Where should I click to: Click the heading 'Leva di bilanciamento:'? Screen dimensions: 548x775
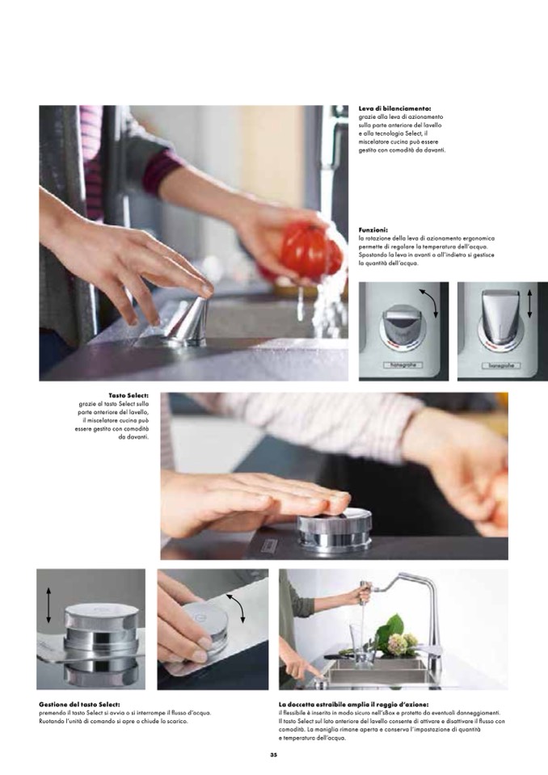pos(394,108)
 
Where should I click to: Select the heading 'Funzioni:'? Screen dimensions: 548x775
pos(373,230)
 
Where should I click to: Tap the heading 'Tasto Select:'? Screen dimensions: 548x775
pos(129,395)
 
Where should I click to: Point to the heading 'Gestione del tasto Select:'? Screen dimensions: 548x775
pos(79,705)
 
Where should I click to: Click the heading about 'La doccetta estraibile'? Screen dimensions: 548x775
pos(353,705)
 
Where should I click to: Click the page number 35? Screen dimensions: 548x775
pos(274,755)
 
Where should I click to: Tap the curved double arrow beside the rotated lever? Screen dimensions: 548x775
pos(429,302)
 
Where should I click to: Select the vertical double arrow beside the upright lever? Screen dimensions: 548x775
pos(529,304)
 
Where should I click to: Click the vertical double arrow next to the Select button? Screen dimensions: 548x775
pos(48,605)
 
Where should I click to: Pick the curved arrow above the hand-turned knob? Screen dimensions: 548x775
pos(236,608)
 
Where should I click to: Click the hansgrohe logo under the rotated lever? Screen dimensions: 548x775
pos(403,364)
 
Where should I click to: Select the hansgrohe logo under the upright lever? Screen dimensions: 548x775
pos(502,365)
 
